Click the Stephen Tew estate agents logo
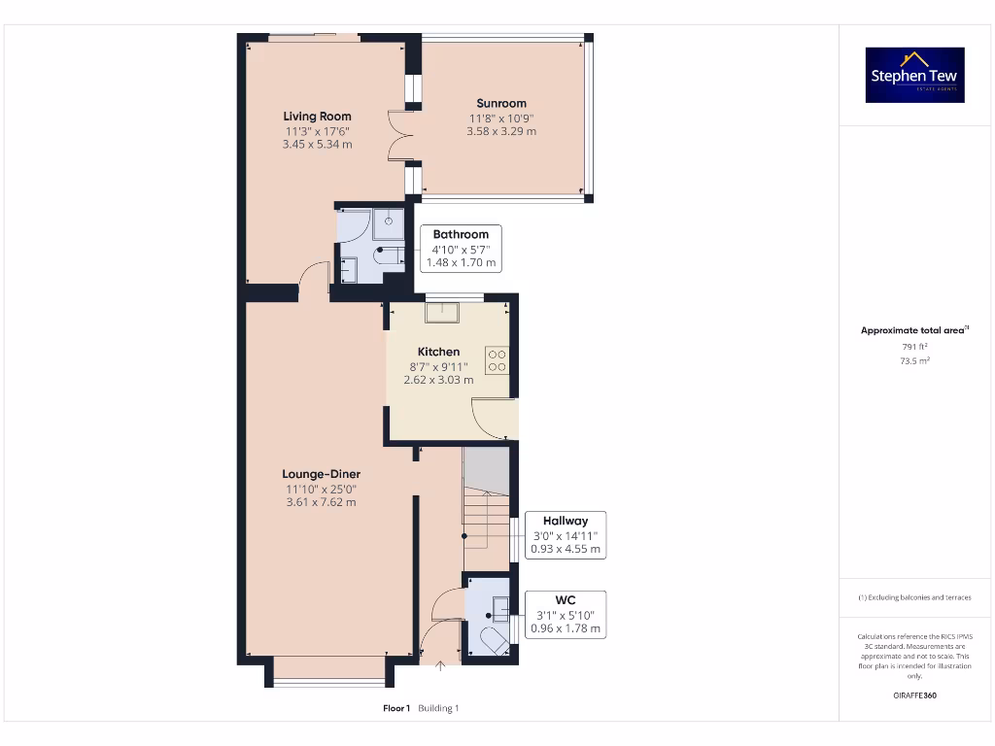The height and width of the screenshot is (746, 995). coord(914,75)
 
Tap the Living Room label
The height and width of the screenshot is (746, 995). coord(317,117)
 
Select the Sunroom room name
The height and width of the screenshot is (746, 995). coord(501,103)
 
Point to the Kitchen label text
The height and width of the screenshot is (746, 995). coord(438,352)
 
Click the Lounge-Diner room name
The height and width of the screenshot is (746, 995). coord(321,474)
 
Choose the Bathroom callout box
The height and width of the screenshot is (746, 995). coord(461,249)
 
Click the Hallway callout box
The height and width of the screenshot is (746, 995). coord(565,535)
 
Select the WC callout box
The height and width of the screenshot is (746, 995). coord(565,615)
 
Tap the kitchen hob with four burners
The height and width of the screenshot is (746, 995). coord(497,360)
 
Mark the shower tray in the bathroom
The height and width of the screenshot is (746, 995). coord(389,223)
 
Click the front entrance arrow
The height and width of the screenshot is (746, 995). coord(442,665)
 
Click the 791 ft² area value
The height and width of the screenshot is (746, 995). coord(914,346)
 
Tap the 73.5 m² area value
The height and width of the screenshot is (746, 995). coord(914,360)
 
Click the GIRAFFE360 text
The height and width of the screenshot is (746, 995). coord(914,695)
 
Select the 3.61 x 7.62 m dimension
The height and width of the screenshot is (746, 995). coord(321,502)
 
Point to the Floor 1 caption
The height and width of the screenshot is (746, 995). coord(396,708)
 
